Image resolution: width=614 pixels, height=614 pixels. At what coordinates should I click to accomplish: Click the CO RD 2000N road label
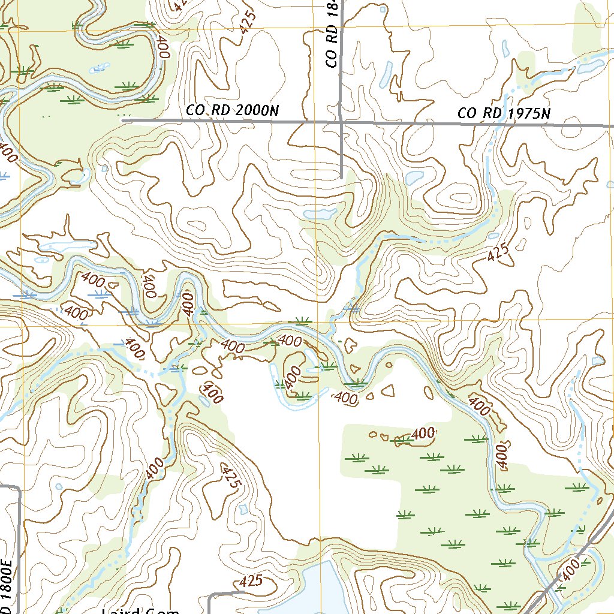click(233, 110)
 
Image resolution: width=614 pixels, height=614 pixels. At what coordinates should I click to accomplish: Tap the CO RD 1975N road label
click(504, 113)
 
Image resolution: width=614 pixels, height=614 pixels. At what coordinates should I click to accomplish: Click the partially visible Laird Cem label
click(140, 610)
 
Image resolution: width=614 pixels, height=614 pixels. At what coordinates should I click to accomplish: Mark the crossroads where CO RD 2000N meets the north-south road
click(341, 122)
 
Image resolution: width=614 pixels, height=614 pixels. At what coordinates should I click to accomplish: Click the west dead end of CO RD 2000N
click(124, 121)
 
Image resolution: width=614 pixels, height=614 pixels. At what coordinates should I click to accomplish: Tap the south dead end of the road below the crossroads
click(341, 177)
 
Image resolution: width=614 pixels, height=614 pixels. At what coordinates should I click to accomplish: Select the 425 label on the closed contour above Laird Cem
click(251, 581)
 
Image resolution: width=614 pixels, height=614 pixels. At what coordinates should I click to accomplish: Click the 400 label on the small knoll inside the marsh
click(423, 432)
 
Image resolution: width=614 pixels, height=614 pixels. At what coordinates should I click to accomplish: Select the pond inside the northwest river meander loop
click(96, 69)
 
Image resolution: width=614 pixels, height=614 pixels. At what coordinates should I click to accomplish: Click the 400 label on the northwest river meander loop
click(162, 47)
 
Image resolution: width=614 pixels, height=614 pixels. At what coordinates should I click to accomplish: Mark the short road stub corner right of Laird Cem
click(210, 595)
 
